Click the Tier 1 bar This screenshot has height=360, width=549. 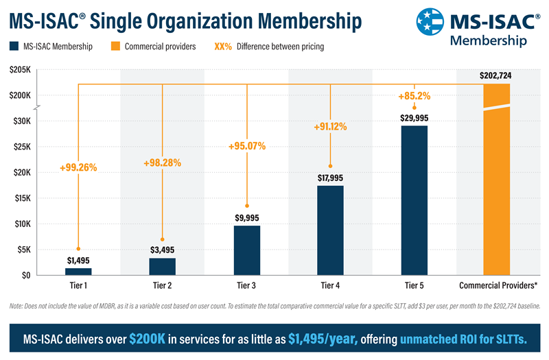[78, 271]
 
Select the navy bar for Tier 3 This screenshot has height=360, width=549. [246, 250]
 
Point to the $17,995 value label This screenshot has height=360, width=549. [330, 178]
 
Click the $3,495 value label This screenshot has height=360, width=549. [162, 250]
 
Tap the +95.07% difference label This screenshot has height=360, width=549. [246, 146]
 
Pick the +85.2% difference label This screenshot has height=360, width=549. [414, 96]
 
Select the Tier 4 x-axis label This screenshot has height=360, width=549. [330, 284]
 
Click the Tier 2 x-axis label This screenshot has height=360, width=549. [162, 284]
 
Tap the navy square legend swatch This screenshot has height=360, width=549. [14, 47]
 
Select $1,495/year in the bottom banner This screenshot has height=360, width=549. [322, 339]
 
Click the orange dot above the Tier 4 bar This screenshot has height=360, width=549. [330, 166]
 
